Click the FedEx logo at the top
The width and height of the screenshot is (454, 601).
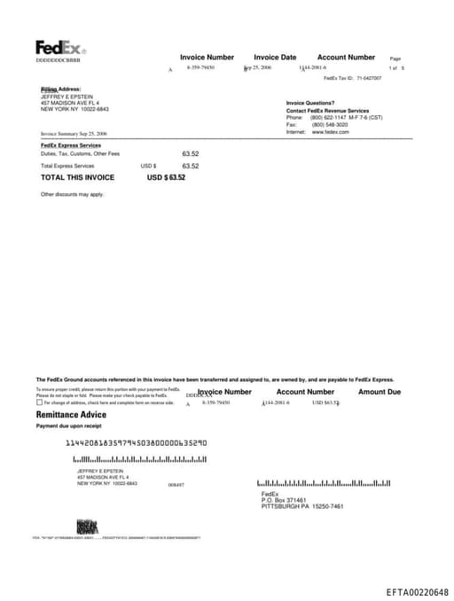click(x=59, y=47)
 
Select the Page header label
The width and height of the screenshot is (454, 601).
click(x=395, y=59)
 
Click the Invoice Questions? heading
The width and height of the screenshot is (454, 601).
click(x=310, y=103)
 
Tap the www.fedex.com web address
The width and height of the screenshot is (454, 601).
click(x=330, y=131)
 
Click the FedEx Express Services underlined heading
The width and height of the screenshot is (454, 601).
click(x=71, y=144)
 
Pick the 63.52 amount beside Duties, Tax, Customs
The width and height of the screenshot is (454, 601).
click(x=190, y=153)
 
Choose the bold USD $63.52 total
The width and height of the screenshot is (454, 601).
click(x=166, y=177)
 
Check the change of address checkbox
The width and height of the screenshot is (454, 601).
click(x=39, y=402)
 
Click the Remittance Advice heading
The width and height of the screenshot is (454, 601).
click(x=71, y=415)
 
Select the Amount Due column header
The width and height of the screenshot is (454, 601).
click(x=380, y=392)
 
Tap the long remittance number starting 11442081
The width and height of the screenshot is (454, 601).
click(x=137, y=441)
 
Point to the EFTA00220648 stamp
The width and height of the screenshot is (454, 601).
click(x=417, y=590)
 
